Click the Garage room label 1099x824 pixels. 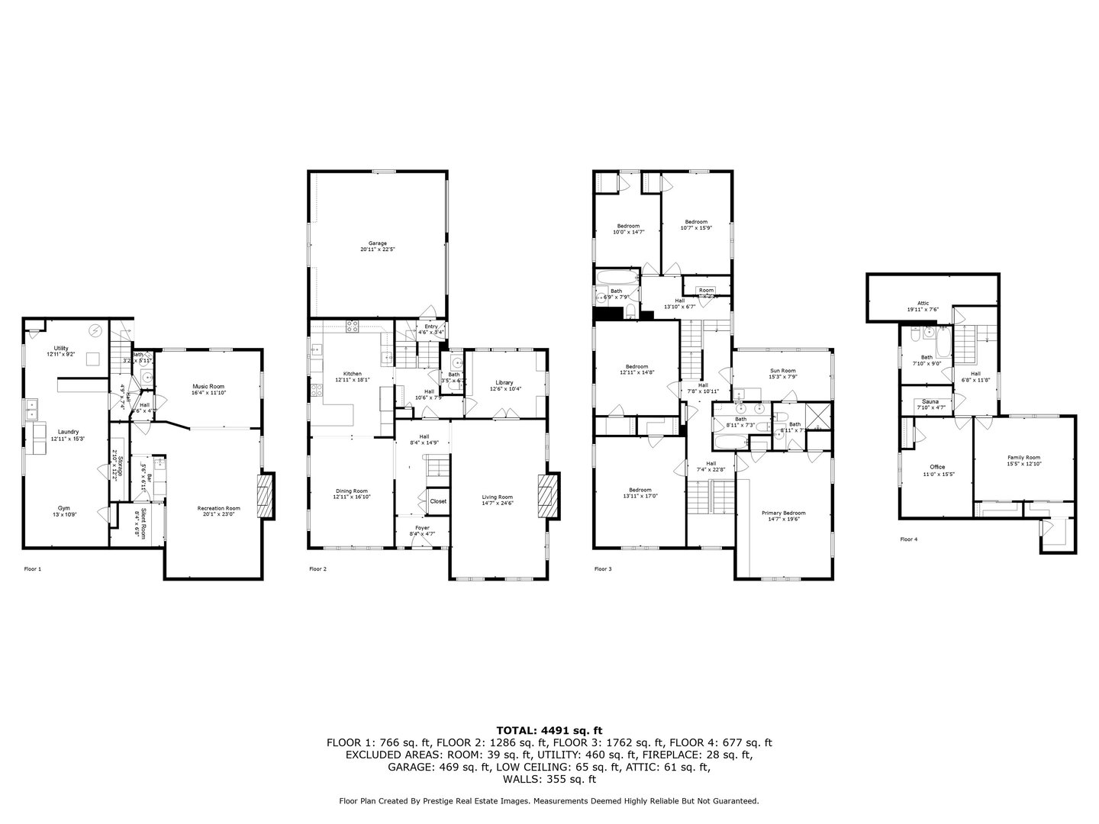tap(378, 243)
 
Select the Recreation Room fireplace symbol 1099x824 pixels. tap(265, 496)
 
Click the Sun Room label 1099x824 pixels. tap(782, 371)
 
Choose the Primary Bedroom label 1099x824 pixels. tap(783, 513)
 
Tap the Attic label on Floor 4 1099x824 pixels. tap(923, 303)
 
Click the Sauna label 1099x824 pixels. tap(930, 401)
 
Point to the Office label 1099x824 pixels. tap(936, 467)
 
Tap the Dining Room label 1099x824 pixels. tap(351, 491)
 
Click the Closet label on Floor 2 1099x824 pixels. tap(438, 501)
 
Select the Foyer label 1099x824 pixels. tap(422, 528)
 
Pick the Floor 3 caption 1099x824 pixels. tap(603, 568)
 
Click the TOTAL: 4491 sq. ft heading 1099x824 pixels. tap(549, 730)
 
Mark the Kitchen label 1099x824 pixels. tap(351, 374)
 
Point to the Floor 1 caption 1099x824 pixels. tap(33, 568)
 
